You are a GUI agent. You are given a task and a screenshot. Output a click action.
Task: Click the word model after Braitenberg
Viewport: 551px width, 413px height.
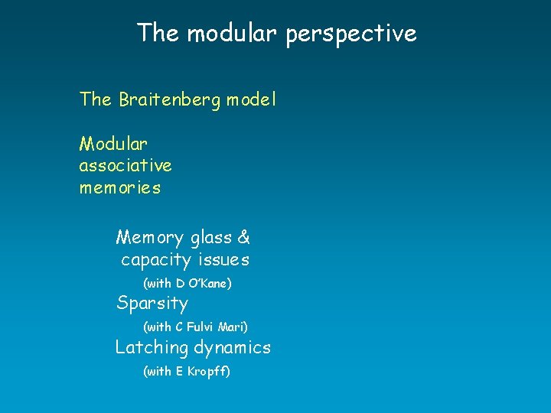click(x=251, y=99)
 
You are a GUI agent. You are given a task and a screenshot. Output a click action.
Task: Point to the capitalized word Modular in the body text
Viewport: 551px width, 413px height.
click(x=113, y=143)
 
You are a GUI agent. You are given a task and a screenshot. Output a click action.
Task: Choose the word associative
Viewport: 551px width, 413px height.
click(x=126, y=165)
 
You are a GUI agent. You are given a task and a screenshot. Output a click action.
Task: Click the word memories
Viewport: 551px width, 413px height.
click(x=120, y=187)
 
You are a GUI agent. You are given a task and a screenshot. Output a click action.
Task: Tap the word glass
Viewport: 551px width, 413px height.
click(x=210, y=239)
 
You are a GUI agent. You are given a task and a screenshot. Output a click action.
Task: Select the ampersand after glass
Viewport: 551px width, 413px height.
click(x=244, y=238)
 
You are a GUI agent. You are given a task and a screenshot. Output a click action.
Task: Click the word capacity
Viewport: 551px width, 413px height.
click(x=156, y=261)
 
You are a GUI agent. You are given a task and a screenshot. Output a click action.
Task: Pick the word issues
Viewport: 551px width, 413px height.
click(x=223, y=260)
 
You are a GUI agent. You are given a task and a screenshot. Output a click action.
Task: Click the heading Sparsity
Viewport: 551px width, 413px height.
click(x=152, y=304)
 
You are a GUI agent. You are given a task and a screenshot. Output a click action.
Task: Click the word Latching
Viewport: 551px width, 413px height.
click(x=152, y=348)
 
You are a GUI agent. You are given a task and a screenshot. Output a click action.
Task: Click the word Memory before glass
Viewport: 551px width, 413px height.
click(x=150, y=239)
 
